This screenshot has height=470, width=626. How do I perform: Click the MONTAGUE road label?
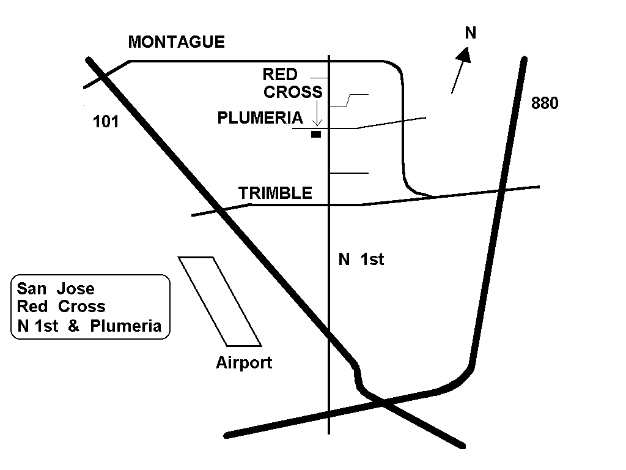(176, 42)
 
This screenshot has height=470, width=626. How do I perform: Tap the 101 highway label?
(105, 122)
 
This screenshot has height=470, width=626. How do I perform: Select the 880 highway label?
(545, 103)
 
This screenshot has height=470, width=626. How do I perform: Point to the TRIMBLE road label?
(275, 193)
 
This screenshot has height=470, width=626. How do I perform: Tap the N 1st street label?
(361, 259)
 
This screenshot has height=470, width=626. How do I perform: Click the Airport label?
(243, 363)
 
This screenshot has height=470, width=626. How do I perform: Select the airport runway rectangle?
(219, 300)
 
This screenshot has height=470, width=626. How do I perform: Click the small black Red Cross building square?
(315, 134)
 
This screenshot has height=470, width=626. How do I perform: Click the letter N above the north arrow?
(470, 33)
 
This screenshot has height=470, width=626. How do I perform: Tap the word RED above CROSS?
(280, 75)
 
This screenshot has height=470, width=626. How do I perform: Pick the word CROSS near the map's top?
(293, 92)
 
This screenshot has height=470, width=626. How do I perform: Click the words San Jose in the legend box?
(56, 288)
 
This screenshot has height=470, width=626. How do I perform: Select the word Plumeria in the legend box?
(125, 326)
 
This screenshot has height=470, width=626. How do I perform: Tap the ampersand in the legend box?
(73, 326)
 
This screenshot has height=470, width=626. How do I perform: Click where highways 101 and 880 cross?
(381, 401)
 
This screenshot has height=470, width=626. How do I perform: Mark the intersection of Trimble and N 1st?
(330, 204)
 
